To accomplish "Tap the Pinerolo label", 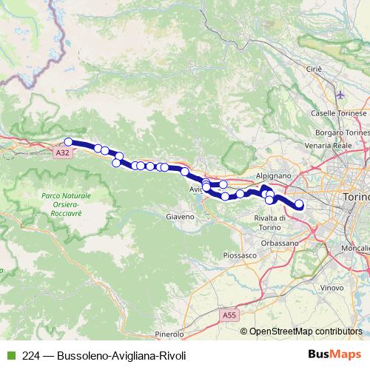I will coord(169,334).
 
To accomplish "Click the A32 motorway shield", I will coord(64,152).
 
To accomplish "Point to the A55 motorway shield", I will coord(230,314).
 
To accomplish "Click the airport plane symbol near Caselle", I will coord(340,95).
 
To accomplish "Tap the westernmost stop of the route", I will coord(68,141).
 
